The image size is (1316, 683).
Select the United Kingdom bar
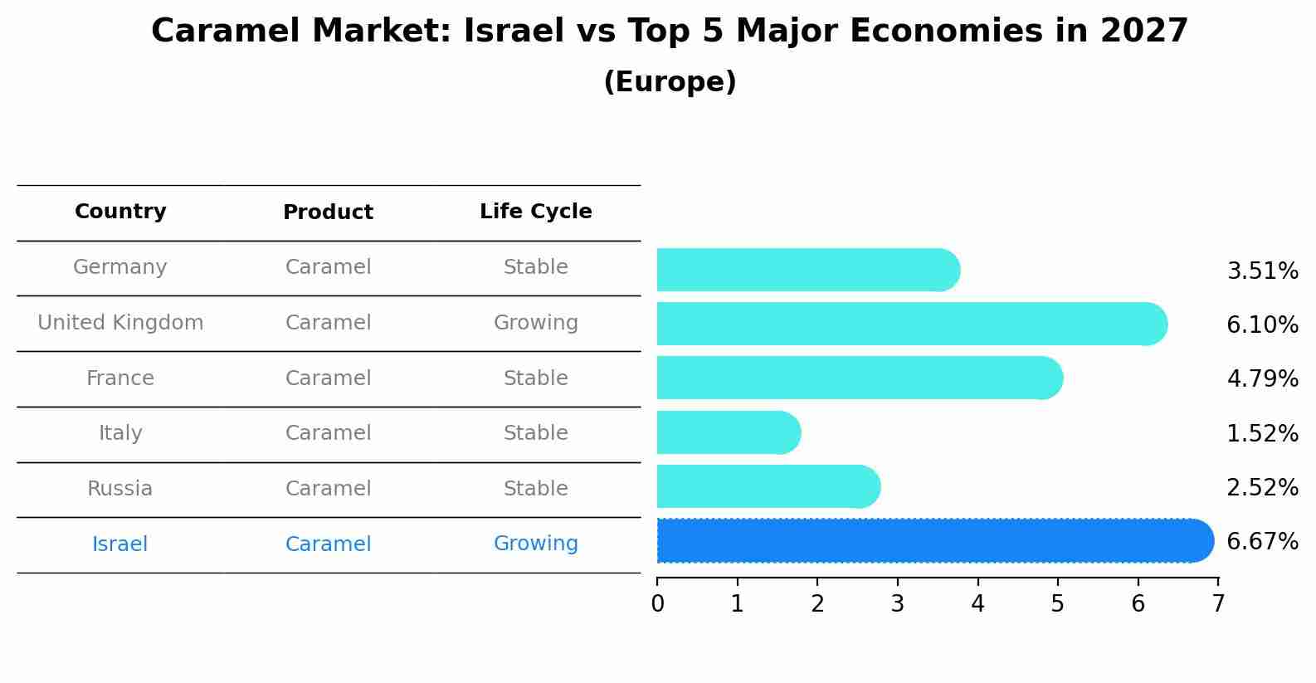(x=911, y=324)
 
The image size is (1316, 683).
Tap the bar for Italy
(x=728, y=432)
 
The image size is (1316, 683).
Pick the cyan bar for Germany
(x=807, y=270)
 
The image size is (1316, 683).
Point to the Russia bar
(x=768, y=486)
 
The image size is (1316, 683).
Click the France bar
(x=859, y=378)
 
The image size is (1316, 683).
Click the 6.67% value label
(x=1262, y=542)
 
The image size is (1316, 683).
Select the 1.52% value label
(x=1262, y=433)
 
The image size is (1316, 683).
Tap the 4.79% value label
(x=1262, y=379)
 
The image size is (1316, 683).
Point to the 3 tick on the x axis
(x=898, y=603)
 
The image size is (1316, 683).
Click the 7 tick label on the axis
(x=1218, y=603)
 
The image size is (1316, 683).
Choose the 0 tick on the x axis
(x=657, y=603)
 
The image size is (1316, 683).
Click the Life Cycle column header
(x=536, y=212)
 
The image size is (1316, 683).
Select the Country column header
(x=120, y=212)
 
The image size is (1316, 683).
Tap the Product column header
(x=328, y=212)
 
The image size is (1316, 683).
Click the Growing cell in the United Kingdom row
(x=536, y=323)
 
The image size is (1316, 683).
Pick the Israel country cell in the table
(x=120, y=544)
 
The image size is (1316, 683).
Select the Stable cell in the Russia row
(x=536, y=489)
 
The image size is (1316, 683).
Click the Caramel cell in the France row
(x=328, y=378)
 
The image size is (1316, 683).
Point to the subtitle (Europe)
(x=670, y=82)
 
